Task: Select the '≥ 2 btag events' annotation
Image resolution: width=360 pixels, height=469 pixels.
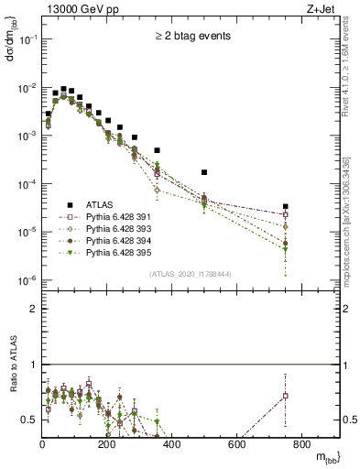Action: (x=191, y=37)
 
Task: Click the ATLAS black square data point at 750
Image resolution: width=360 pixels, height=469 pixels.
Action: (x=286, y=207)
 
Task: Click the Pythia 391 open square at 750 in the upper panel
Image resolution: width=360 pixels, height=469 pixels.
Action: (x=286, y=214)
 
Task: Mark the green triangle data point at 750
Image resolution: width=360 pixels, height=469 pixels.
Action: (x=286, y=249)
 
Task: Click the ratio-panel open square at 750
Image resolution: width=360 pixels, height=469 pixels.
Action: (x=286, y=396)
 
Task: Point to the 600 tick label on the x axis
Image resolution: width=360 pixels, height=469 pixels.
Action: (x=236, y=444)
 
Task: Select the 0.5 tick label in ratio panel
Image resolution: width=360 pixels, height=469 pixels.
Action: (x=30, y=420)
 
